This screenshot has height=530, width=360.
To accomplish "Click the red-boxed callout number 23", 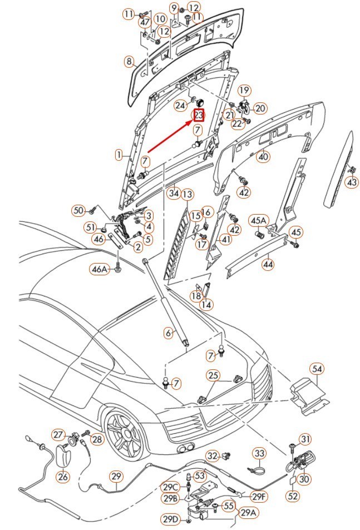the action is pyautogui.click(x=199, y=115).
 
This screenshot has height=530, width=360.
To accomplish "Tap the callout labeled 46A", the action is pyautogui.click(x=100, y=269).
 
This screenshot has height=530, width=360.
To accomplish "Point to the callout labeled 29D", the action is pyautogui.click(x=170, y=519).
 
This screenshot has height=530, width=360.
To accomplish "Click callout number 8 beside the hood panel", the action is pyautogui.click(x=129, y=62).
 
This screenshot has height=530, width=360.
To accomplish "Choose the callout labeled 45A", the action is pyautogui.click(x=259, y=221).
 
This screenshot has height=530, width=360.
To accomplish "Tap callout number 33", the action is pyautogui.click(x=259, y=453).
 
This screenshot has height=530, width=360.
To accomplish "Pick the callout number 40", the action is pyautogui.click(x=263, y=156).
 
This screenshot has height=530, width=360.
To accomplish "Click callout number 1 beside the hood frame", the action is pyautogui.click(x=119, y=155).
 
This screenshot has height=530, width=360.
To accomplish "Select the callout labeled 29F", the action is pyautogui.click(x=259, y=497).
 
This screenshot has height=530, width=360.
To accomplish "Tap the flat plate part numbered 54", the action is pyautogui.click(x=309, y=396).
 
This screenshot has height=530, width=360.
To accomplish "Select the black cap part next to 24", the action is pyautogui.click(x=200, y=101).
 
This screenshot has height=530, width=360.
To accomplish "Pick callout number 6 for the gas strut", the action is pyautogui.click(x=169, y=333).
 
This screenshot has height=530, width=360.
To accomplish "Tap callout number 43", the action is pyautogui.click(x=352, y=182).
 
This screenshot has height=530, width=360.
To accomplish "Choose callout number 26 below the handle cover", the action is pyautogui.click(x=63, y=477).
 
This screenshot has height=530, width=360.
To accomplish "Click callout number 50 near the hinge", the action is pyautogui.click(x=78, y=211).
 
